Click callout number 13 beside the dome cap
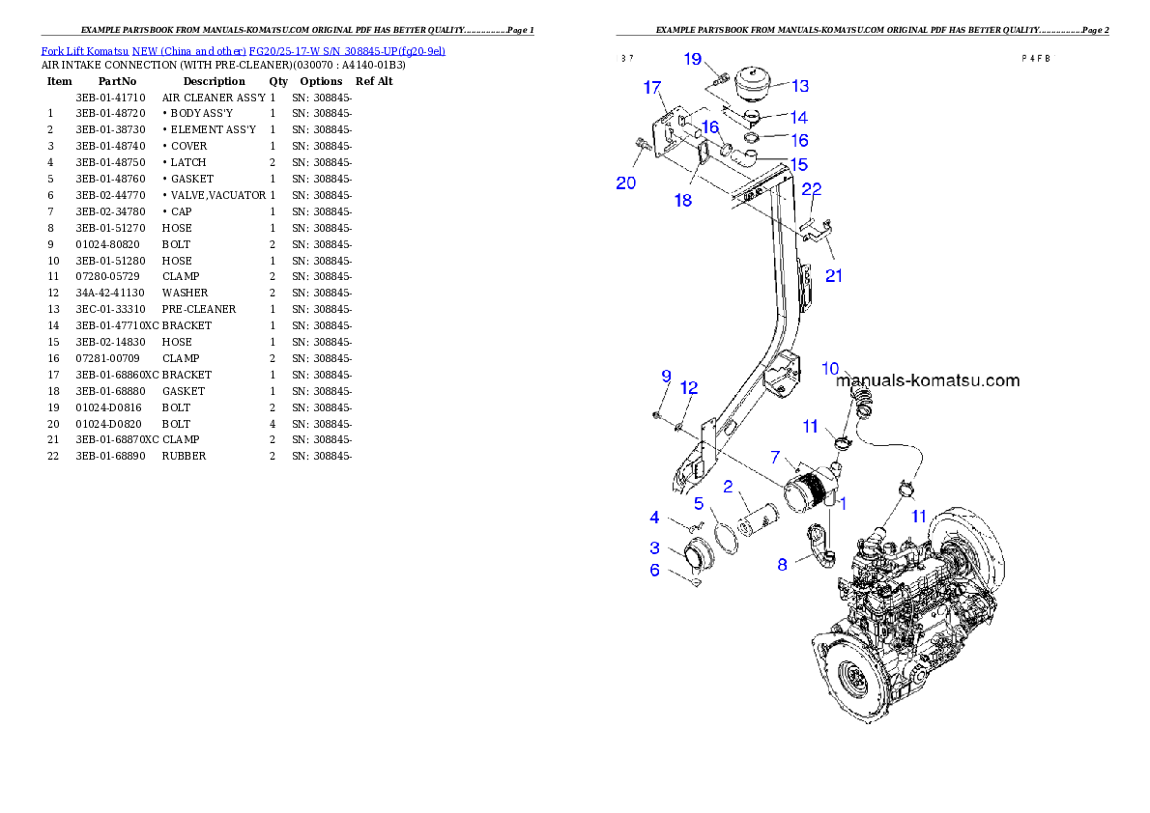(800, 86)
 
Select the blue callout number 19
(693, 60)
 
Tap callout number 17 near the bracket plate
(653, 88)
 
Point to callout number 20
(626, 182)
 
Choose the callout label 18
(683, 201)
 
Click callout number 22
(812, 188)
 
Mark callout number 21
(834, 276)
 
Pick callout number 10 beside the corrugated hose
(831, 368)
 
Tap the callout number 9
(666, 376)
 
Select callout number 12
(689, 387)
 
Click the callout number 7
(775, 456)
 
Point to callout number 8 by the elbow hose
(782, 565)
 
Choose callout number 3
(654, 548)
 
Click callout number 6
(654, 571)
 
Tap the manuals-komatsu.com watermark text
(928, 380)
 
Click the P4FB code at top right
(1035, 58)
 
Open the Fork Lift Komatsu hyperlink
(243, 50)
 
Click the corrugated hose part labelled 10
(862, 396)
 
